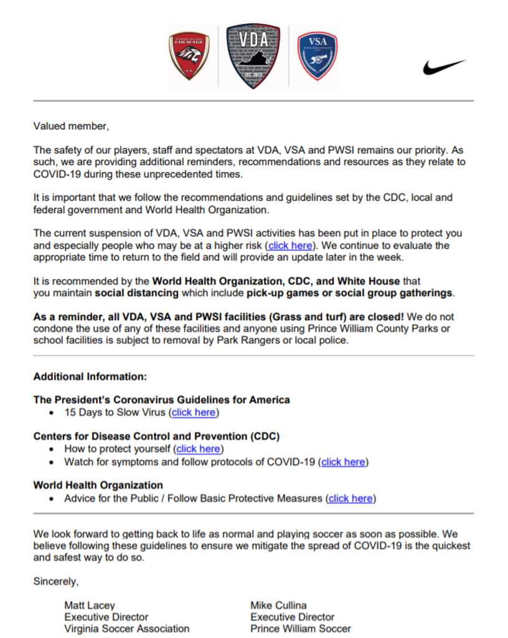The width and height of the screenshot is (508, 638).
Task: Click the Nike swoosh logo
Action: click(444, 67)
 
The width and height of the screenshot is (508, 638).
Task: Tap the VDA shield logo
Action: click(253, 57)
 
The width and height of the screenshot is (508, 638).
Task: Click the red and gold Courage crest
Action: click(189, 57)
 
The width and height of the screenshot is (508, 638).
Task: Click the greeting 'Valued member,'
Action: click(71, 126)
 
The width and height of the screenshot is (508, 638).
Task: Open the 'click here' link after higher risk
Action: click(291, 245)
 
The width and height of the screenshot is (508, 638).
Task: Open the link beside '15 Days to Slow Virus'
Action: click(195, 412)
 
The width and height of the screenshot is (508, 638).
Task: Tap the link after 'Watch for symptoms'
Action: click(344, 462)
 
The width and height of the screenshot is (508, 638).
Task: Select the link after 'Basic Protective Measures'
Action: click(352, 498)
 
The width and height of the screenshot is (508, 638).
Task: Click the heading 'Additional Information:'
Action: click(90, 376)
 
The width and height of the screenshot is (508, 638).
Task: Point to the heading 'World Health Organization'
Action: click(98, 485)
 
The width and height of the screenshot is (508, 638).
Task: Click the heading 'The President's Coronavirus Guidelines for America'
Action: click(161, 399)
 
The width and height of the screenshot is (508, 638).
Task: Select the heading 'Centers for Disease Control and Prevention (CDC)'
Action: click(156, 436)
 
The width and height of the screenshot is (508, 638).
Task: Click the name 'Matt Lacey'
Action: click(90, 605)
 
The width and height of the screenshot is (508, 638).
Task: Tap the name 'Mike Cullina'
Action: click(278, 605)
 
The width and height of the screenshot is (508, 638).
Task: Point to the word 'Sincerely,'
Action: click(56, 581)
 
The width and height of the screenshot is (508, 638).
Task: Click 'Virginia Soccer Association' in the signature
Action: click(127, 629)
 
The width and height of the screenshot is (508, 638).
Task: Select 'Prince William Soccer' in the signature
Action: click(301, 629)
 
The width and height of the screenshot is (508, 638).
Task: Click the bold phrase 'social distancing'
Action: click(136, 293)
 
